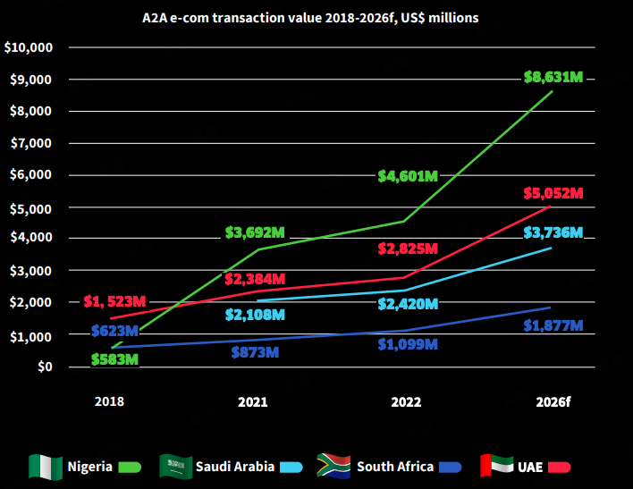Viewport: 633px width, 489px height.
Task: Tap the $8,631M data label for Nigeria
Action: tap(553, 77)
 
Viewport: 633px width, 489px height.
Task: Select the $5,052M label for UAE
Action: tap(553, 193)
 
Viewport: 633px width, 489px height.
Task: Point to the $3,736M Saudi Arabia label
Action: tap(553, 232)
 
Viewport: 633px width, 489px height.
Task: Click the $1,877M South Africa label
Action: tap(553, 325)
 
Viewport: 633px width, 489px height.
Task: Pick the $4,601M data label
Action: tap(407, 175)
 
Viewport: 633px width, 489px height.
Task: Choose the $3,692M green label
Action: tap(255, 234)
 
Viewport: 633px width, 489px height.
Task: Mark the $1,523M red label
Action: tap(114, 301)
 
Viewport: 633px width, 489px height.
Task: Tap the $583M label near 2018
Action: tap(114, 359)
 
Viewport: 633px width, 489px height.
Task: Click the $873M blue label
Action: tap(254, 351)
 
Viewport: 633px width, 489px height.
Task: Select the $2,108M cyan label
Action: tap(255, 314)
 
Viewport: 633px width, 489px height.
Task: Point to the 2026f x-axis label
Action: tap(553, 402)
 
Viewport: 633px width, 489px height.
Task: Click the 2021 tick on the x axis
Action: tap(253, 402)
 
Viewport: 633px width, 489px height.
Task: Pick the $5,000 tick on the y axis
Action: tap(32, 207)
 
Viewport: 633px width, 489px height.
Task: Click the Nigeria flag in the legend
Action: tap(46, 466)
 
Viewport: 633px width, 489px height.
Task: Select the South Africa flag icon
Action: tap(333, 466)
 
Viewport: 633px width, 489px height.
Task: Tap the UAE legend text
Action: tap(528, 466)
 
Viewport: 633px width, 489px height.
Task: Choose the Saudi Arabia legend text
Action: tap(235, 466)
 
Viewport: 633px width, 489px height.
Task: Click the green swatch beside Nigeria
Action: tap(130, 467)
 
